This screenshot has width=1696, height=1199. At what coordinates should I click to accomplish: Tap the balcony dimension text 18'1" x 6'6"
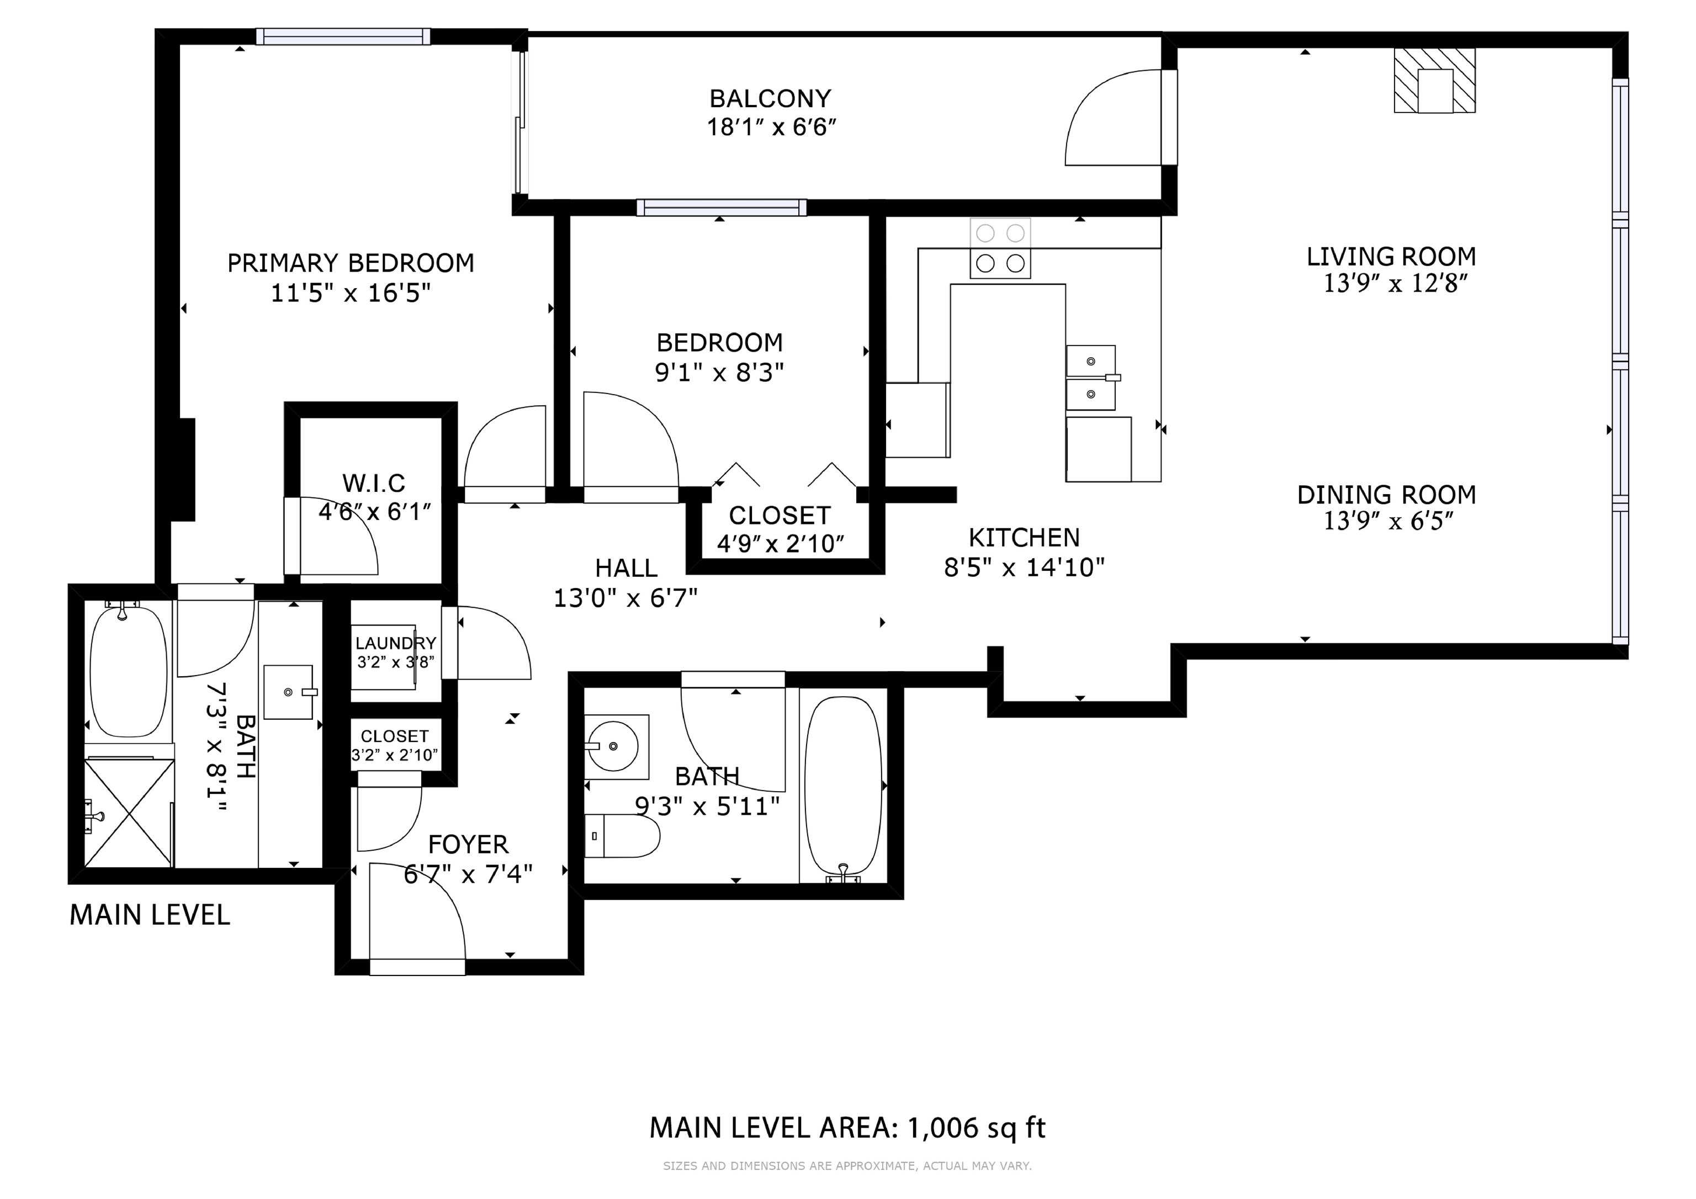[x=771, y=127]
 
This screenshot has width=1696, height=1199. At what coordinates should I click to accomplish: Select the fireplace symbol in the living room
[x=1434, y=81]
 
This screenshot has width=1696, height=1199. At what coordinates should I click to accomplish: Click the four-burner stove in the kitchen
[x=1000, y=248]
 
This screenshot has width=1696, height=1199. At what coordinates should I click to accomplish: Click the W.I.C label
[x=374, y=483]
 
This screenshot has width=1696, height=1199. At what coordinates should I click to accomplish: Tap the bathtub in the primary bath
[x=129, y=671]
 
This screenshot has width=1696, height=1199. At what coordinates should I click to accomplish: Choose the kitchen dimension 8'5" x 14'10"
[x=1025, y=567]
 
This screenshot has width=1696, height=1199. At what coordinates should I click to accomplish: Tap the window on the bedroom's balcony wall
[x=722, y=208]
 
